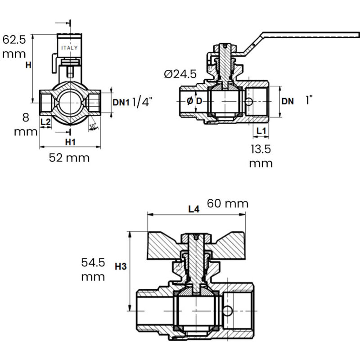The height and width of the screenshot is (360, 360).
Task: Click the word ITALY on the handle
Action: point(69,48)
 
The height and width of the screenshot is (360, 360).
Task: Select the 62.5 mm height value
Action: point(14,46)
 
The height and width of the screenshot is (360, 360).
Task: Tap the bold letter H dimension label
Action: point(28,65)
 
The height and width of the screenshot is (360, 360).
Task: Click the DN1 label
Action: point(121,102)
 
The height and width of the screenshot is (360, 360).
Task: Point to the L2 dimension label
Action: point(45,121)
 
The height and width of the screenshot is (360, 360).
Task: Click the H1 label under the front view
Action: point(70,142)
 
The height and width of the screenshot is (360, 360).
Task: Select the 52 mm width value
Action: point(69,158)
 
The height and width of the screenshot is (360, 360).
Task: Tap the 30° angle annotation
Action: point(92,126)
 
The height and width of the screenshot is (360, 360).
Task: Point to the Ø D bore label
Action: point(194,101)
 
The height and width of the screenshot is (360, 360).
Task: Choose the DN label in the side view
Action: point(288,102)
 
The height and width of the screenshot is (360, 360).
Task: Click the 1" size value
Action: point(309,100)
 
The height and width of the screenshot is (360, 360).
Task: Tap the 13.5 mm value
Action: point(261,156)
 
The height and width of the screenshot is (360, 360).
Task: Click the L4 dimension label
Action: point(193,209)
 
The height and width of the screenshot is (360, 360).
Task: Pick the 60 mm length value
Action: point(228,204)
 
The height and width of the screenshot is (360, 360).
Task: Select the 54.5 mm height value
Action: point(93,269)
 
